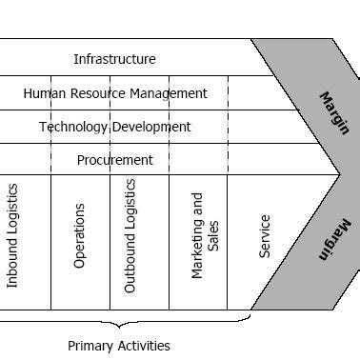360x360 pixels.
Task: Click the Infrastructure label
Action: tap(114, 59)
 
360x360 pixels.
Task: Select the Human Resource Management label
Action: tap(115, 93)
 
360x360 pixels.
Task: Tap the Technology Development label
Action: tap(115, 127)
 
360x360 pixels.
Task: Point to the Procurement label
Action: tap(115, 160)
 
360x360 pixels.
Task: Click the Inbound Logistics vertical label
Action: tap(13, 236)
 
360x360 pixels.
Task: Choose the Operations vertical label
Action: tap(80, 235)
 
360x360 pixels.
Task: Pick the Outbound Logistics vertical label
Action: tap(131, 235)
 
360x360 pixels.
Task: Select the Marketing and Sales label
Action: tap(205, 235)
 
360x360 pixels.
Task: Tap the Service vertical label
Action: tap(265, 236)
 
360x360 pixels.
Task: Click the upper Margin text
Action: tap(334, 112)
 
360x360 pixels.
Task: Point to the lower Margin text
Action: tap(334, 240)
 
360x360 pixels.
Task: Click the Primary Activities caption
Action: tap(119, 346)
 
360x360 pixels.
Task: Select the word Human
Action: tap(44, 93)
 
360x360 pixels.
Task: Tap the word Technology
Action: tap(73, 127)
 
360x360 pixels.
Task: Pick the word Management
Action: tap(171, 93)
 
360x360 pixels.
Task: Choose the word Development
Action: tap(151, 127)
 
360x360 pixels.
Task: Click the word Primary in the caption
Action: tap(90, 346)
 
